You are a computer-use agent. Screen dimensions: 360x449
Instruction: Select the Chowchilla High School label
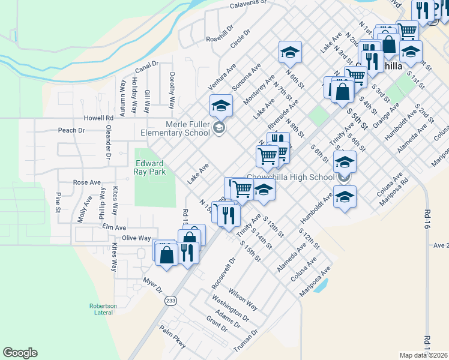pos(290,177)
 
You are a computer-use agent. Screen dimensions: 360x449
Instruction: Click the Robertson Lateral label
pos(103,309)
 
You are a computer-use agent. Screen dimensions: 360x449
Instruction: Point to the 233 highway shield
pos(171,301)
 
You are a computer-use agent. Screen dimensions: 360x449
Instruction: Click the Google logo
pos(20,353)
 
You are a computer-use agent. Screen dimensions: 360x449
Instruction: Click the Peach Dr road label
pos(72,130)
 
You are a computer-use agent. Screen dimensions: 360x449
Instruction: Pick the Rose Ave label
pos(86,182)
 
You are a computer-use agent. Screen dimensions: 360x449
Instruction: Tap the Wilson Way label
pos(243,298)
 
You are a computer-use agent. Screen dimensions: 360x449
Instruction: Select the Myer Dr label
pos(153,284)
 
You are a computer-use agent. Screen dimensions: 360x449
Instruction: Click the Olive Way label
pos(136,238)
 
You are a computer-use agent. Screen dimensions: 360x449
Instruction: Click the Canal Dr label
pos(146,63)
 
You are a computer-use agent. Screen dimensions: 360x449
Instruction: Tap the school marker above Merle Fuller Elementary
pos(221,106)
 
